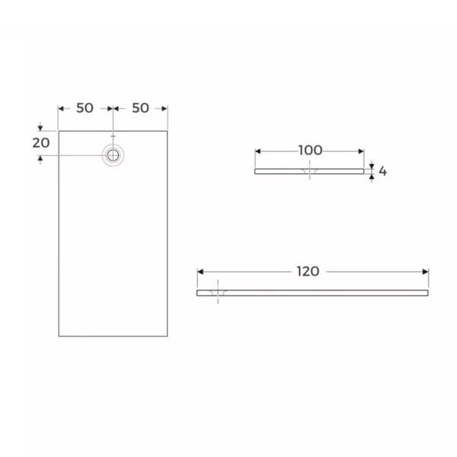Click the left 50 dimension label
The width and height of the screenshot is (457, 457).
point(85,108)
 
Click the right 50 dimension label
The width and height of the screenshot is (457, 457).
point(140,108)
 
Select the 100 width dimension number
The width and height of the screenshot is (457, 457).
point(309,150)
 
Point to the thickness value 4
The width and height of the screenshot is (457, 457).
point(382,171)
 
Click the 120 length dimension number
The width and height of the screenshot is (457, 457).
point(309,271)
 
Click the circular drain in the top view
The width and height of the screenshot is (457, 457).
point(113,155)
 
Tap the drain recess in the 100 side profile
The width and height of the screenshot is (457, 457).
point(309,174)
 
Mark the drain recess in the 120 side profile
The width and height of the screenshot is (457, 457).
point(219,293)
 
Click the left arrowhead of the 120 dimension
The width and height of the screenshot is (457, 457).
point(200,272)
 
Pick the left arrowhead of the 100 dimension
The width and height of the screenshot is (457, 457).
point(257,151)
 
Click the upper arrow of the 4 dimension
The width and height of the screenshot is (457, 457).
point(372,165)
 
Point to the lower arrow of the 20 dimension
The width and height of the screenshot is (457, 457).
point(40,158)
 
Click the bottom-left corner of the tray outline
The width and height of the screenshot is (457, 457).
point(59,336)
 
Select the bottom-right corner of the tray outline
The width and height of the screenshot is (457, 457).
point(168,336)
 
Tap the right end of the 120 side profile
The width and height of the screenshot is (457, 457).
point(428,292)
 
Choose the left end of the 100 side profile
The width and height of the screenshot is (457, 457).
point(254,171)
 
